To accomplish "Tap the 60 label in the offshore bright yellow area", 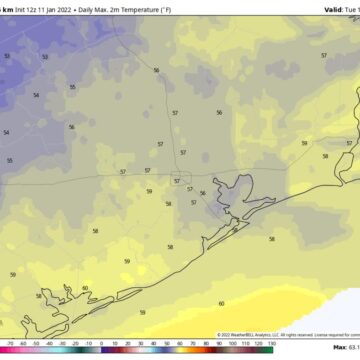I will (221, 303).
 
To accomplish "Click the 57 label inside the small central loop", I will (177, 153).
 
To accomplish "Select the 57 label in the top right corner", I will (324, 56).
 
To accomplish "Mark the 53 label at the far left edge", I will (6, 56).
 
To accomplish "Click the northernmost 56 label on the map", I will (157, 70).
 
